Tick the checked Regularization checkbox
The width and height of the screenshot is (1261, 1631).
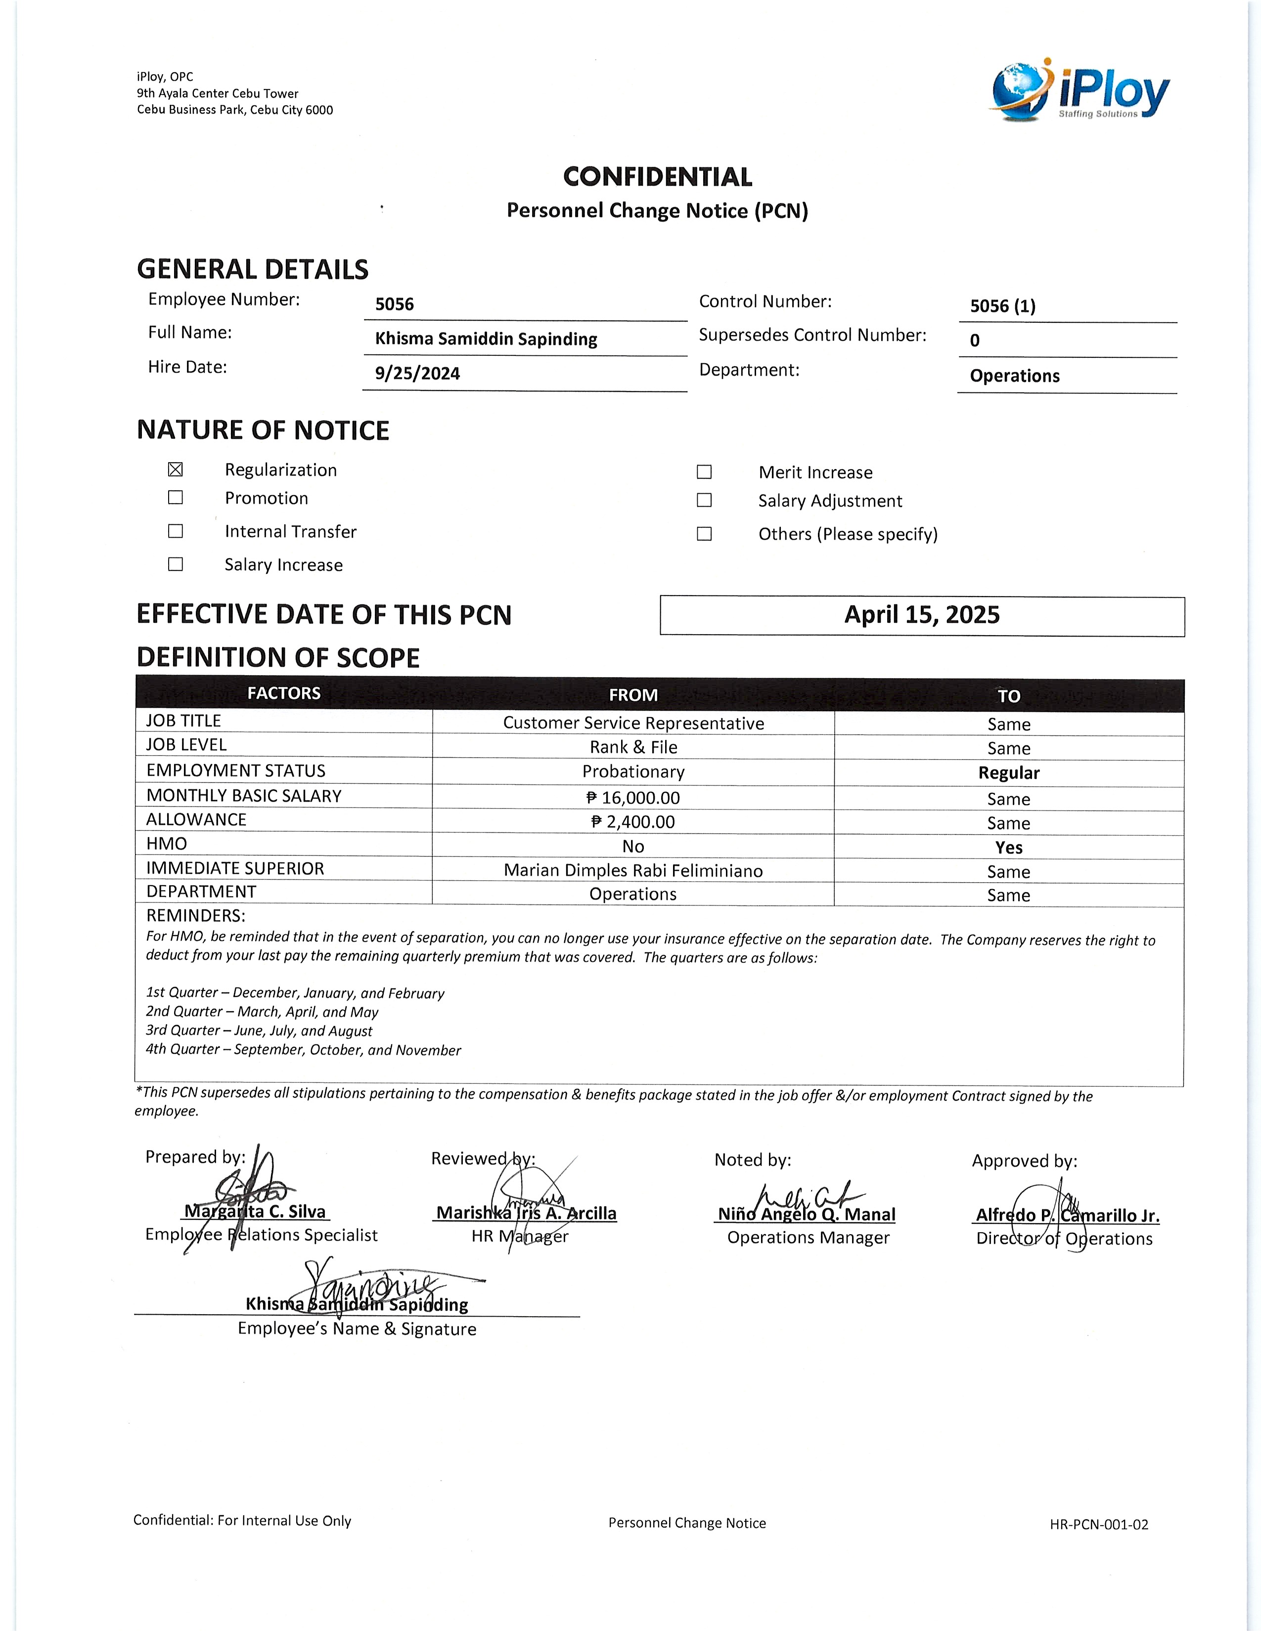tap(176, 470)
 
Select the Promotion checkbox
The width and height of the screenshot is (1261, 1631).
tap(176, 497)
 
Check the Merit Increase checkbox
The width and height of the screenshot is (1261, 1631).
tap(704, 472)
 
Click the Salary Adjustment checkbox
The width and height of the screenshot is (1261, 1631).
tap(704, 500)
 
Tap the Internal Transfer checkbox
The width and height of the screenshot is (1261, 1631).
tap(176, 531)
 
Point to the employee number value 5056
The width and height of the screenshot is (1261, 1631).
tap(395, 304)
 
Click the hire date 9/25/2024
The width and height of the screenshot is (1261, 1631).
tap(417, 373)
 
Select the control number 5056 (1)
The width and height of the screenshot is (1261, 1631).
tap(1002, 306)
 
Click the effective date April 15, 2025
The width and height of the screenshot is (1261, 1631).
tap(922, 615)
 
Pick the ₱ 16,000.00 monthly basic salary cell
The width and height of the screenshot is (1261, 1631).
tap(633, 798)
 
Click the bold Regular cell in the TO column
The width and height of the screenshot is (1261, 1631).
tap(1008, 773)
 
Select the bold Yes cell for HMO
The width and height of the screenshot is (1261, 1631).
tap(1008, 848)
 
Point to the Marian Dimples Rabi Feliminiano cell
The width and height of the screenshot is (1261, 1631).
tap(633, 871)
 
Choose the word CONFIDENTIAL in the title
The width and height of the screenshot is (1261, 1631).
tap(657, 177)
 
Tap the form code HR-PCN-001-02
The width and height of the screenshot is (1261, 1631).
tap(1099, 1524)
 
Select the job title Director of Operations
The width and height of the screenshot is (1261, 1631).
tap(1064, 1239)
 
